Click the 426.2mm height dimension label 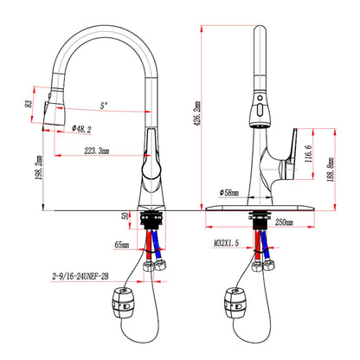[197, 113]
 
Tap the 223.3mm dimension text [97, 151]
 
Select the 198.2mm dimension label [39, 168]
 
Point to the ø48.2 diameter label [81, 129]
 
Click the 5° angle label [104, 106]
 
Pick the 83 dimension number [29, 104]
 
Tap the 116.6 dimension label [308, 154]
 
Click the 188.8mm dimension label [331, 170]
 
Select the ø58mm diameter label [229, 192]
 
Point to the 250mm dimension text [284, 222]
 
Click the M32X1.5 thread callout [226, 243]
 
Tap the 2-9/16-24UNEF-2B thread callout [80, 276]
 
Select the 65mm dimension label [122, 245]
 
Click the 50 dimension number [125, 215]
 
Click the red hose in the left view [149, 245]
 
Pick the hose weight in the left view [123, 303]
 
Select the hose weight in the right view [235, 303]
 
